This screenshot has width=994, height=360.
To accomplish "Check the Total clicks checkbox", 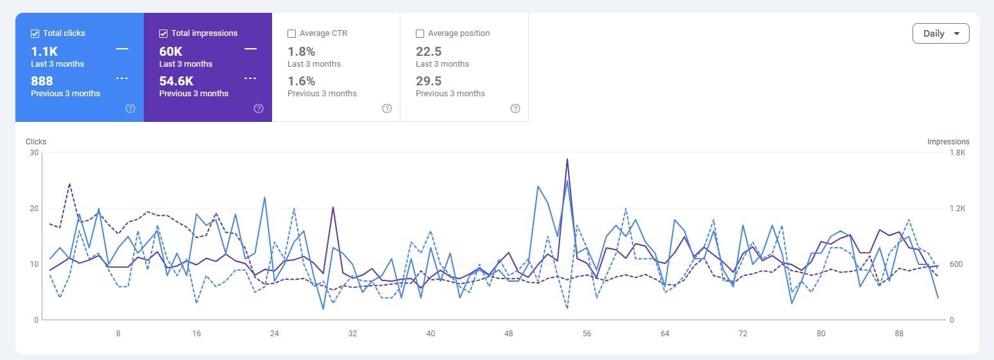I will tap(35, 33).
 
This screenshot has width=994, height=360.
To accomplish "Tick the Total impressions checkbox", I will tap(164, 33).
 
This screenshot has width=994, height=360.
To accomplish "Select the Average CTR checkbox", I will tap(292, 33).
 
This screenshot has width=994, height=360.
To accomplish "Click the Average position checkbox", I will tap(420, 33).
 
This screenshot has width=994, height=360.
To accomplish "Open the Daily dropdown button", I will tap(941, 33).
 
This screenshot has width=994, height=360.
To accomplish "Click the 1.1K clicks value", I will tap(44, 51).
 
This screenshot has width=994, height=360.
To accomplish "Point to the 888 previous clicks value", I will tap(42, 81).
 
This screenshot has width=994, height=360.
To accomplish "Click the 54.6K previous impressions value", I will tap(176, 81).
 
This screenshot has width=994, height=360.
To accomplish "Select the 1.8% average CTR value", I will tap(301, 51).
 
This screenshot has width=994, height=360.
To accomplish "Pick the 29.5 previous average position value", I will tap(429, 81).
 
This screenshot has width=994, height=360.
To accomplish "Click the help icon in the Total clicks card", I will tap(130, 108).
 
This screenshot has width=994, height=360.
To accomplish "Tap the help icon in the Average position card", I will tap(515, 108).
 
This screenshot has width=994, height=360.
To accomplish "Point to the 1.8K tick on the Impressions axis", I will tap(957, 153).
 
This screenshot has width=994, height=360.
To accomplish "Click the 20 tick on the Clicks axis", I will tap(33, 209).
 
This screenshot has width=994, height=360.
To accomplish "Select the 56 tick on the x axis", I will tap(587, 334).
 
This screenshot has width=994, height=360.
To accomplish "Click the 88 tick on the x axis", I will tap(899, 334).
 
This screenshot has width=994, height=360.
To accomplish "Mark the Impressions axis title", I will tap(948, 142).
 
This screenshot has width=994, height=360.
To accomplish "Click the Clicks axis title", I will tap(36, 142).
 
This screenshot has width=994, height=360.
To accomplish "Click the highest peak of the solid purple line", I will tap(567, 159).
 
